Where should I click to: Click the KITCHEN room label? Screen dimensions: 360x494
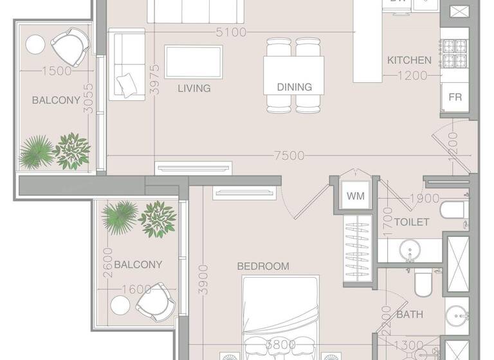point(409,60)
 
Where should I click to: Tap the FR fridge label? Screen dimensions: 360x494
point(455,98)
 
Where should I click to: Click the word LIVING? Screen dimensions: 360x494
point(194,89)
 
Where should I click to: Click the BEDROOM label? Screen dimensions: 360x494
point(263,266)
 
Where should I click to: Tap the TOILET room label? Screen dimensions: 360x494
point(412,222)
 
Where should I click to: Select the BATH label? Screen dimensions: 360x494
point(410,315)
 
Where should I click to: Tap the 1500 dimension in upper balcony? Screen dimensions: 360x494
point(56,71)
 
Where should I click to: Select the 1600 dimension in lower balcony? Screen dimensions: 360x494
point(136,289)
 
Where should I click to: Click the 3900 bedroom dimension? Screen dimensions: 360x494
point(203,279)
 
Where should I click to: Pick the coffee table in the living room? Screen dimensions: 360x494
point(193,62)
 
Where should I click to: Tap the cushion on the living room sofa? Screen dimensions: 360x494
point(127,84)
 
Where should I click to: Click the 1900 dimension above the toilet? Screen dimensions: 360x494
point(425,199)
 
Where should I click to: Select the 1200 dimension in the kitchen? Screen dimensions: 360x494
point(412,76)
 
